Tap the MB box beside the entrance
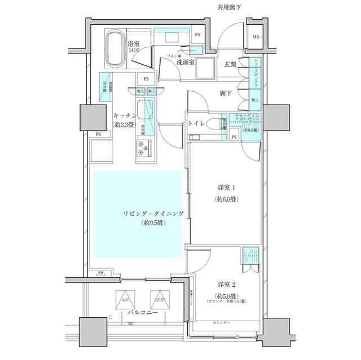(x=256, y=38)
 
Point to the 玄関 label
(x=230, y=64)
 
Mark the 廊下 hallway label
(x=226, y=93)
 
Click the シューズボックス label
(x=256, y=71)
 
